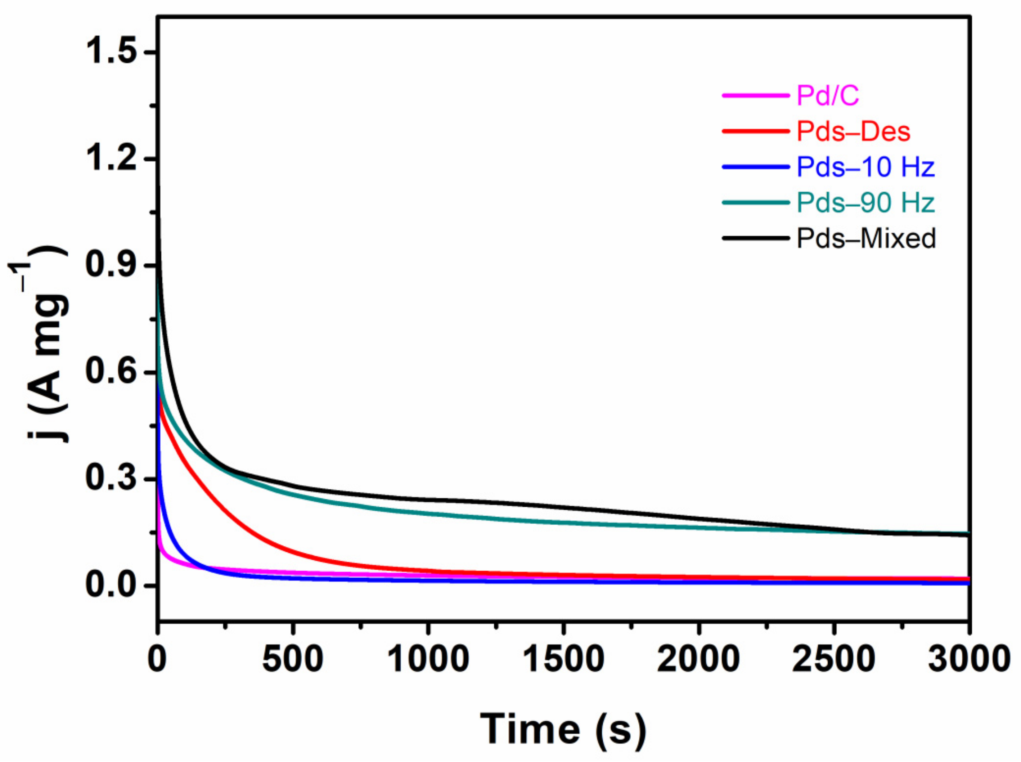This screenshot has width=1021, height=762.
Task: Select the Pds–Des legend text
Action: [854, 132]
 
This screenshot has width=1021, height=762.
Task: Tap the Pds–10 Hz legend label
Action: [865, 167]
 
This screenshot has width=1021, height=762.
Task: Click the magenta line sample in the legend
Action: [755, 95]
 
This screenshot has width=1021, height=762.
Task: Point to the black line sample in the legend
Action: [755, 238]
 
